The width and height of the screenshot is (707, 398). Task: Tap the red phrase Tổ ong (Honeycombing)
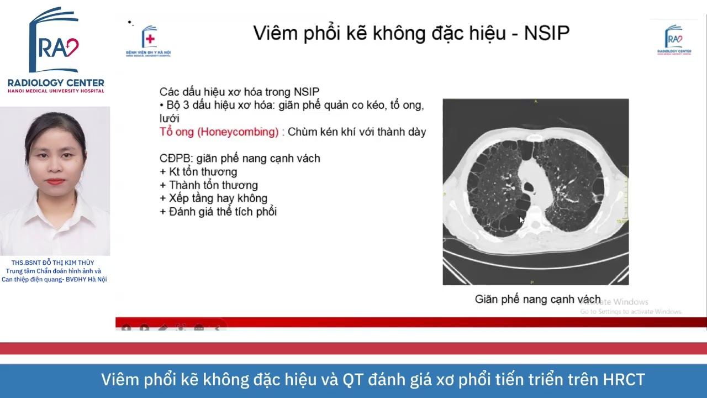[x=219, y=132]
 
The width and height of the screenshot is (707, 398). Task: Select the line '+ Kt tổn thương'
[x=198, y=172]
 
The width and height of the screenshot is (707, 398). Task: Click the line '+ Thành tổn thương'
[x=209, y=185]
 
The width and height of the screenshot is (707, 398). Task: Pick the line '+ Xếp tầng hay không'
[x=213, y=198]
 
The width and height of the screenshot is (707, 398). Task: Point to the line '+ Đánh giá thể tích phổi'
[x=218, y=212]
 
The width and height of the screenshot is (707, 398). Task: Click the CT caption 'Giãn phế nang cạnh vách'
[x=537, y=300]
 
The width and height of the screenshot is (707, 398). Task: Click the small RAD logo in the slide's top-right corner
[x=674, y=39]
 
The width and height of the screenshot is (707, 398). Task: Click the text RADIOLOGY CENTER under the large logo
[x=56, y=83]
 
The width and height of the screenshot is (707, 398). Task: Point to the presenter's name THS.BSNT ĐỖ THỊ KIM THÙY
[x=52, y=263]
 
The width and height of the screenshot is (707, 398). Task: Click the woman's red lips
[x=55, y=181]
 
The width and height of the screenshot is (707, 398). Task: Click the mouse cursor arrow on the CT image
[x=521, y=220]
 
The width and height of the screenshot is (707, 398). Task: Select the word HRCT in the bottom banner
[x=624, y=380]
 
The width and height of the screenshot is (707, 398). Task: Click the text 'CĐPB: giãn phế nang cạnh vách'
[x=240, y=159]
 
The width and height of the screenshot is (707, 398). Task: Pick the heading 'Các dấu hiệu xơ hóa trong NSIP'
[x=239, y=92]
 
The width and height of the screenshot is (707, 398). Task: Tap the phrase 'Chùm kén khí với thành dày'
[x=357, y=132]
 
